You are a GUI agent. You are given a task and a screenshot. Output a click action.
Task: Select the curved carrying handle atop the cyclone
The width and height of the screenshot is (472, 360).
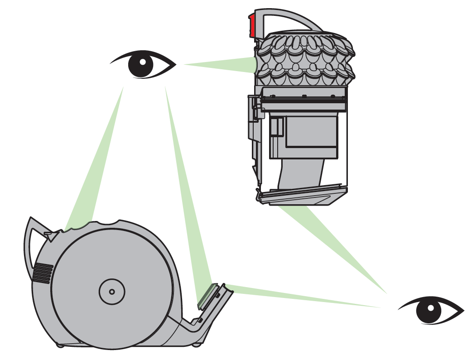click(290, 18)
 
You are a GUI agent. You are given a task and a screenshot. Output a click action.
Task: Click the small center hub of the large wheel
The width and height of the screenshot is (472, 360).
click(111, 291)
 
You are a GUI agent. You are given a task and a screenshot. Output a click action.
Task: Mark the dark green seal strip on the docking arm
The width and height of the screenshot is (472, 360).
click(206, 294)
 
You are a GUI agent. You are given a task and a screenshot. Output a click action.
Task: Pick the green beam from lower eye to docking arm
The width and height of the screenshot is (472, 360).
click(303, 296)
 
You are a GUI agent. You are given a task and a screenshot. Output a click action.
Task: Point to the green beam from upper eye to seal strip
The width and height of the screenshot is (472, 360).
click(186, 190)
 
